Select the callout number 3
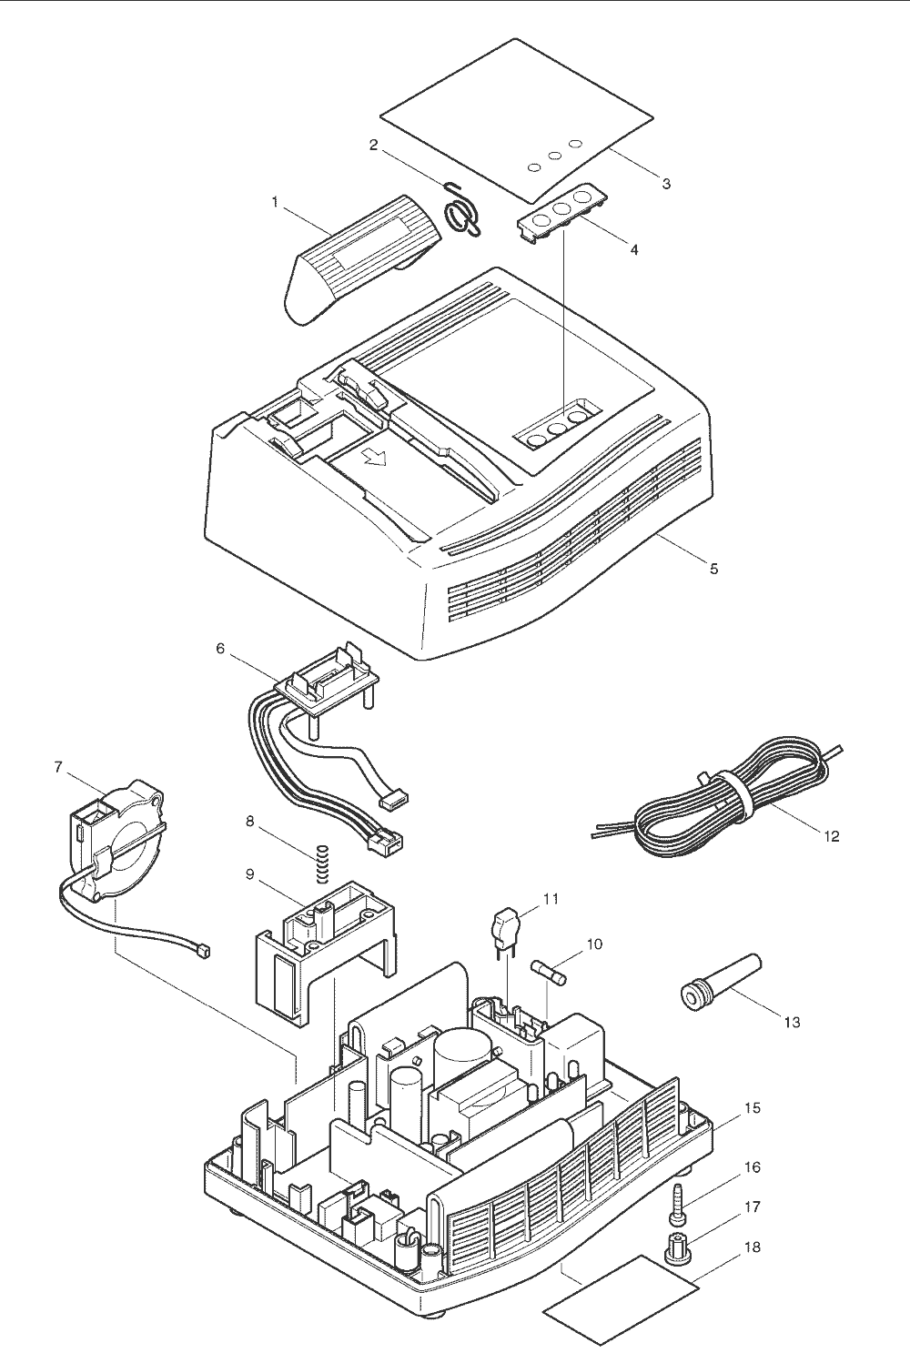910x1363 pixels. point(666,184)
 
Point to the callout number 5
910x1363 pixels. point(714,569)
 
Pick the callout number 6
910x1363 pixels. point(220,649)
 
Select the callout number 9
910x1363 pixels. point(249,874)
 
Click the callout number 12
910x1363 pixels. point(831,835)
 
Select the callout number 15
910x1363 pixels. point(753,1108)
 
